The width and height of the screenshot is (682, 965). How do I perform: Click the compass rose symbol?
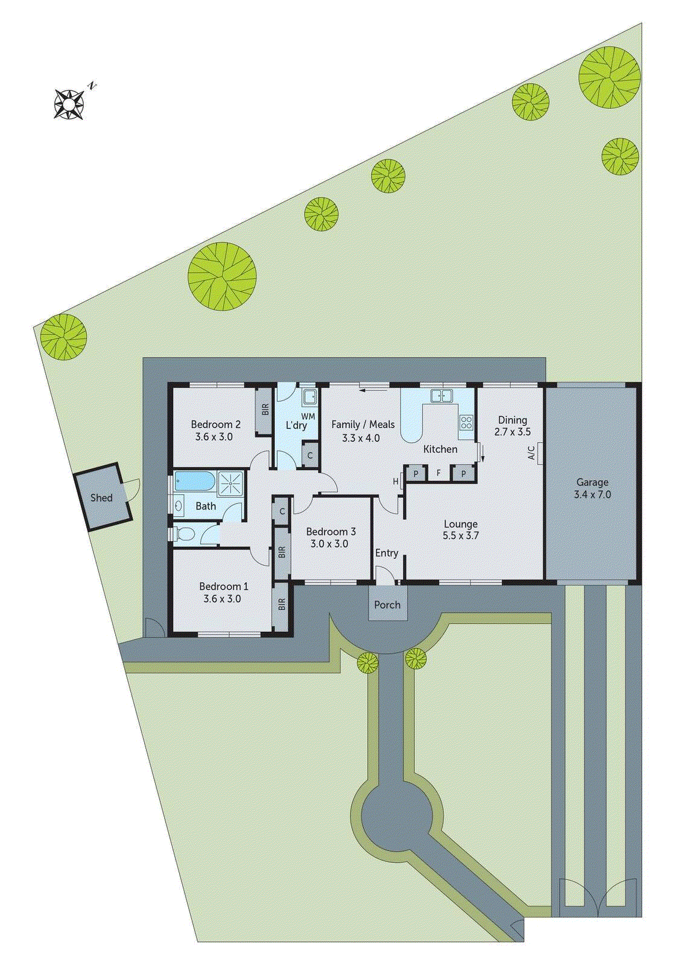pyautogui.click(x=69, y=104)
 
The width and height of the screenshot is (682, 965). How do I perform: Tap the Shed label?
pyautogui.click(x=101, y=498)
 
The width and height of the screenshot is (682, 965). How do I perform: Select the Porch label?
pyautogui.click(x=387, y=604)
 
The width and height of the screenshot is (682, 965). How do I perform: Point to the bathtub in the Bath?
pyautogui.click(x=194, y=481)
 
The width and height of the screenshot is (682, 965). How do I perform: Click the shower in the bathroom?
pyautogui.click(x=230, y=482)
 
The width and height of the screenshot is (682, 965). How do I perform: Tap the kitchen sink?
pyautogui.click(x=441, y=396)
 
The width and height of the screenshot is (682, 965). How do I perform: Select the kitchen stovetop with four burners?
pyautogui.click(x=466, y=422)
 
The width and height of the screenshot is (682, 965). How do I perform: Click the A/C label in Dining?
pyautogui.click(x=532, y=453)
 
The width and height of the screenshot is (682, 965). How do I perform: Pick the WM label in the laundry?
pyautogui.click(x=308, y=416)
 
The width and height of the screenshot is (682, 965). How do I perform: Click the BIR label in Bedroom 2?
pyautogui.click(x=265, y=410)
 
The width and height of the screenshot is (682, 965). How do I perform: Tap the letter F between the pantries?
pyautogui.click(x=439, y=473)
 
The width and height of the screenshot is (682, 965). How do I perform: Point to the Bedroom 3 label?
pyautogui.click(x=330, y=531)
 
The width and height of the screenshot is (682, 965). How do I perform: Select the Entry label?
pyautogui.click(x=387, y=553)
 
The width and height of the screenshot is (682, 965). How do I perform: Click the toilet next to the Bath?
pyautogui.click(x=184, y=533)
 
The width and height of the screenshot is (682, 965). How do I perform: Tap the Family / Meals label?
pyautogui.click(x=363, y=424)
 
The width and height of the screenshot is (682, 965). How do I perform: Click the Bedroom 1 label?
pyautogui.click(x=224, y=586)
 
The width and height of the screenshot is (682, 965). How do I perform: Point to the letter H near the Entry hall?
pyautogui.click(x=396, y=481)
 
